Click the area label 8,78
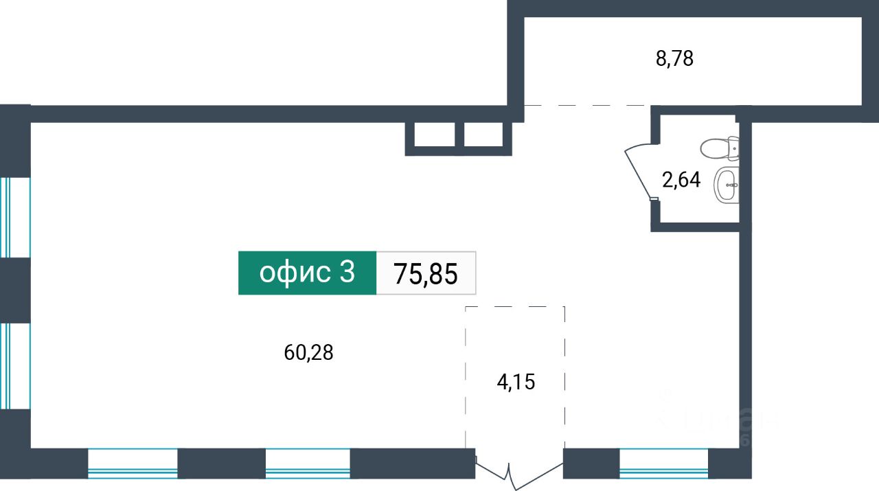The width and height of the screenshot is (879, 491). [x=675, y=59]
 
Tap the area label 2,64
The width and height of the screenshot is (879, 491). [x=681, y=180]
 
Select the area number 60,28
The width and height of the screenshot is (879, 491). [x=308, y=353]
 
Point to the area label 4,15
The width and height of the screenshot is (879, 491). [x=516, y=382]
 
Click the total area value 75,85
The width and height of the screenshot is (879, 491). [x=426, y=273]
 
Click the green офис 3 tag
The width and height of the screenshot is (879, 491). [x=307, y=273]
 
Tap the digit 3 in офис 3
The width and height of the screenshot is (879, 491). [x=347, y=273]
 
